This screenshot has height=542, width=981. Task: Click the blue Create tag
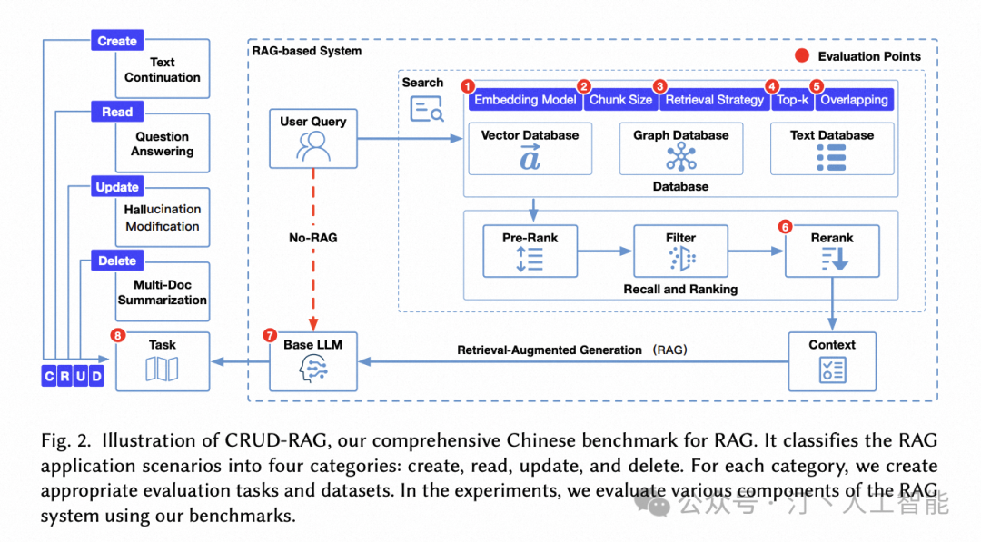[117, 41]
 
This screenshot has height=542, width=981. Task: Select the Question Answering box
[163, 143]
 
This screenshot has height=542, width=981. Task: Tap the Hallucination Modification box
[163, 218]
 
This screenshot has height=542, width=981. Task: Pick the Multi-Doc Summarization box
[163, 292]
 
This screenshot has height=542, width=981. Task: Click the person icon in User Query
[312, 145]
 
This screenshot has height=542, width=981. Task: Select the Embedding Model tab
[525, 100]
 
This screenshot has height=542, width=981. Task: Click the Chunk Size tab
[620, 100]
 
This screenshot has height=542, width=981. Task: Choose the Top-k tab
[791, 100]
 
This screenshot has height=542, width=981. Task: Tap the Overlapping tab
[854, 100]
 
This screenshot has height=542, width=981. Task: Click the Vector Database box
[530, 148]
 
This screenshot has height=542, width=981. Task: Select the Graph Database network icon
[681, 158]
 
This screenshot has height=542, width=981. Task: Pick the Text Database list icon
[831, 158]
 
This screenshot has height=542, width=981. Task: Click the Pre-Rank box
[530, 250]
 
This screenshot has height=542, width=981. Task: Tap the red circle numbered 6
[786, 226]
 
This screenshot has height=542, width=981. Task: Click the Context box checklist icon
[832, 369]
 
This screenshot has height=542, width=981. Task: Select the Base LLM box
[312, 361]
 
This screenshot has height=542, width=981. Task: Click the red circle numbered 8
[117, 335]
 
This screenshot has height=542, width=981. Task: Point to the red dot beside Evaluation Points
[802, 56]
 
